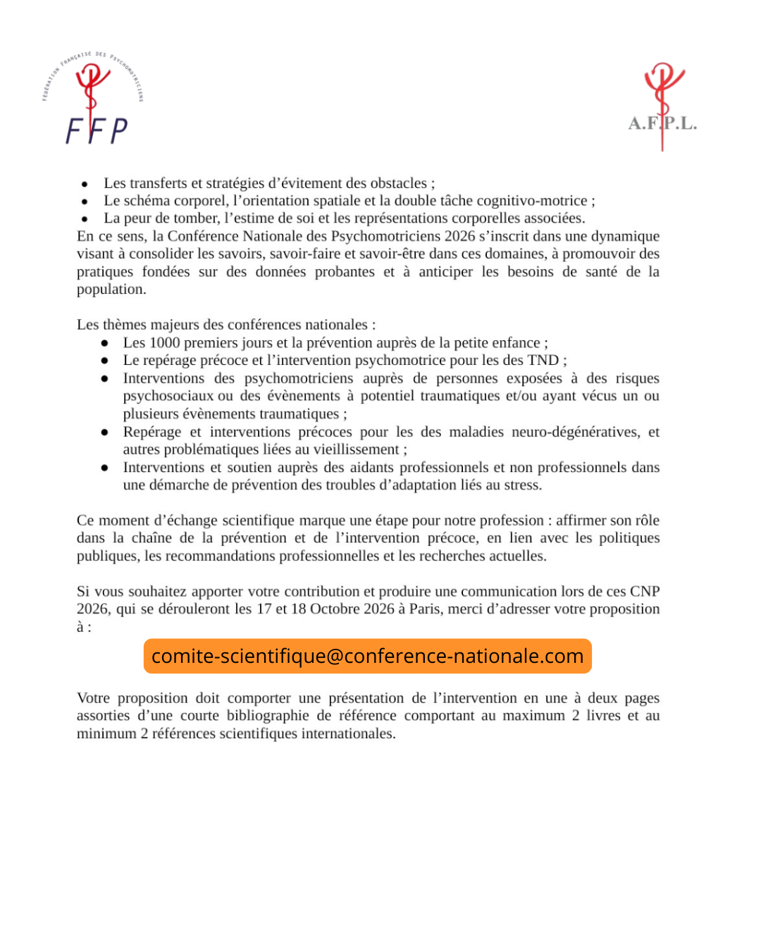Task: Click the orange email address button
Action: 367,656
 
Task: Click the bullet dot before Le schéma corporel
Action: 85,201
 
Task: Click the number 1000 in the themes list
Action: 165,343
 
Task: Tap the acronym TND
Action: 543,361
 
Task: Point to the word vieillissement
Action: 357,449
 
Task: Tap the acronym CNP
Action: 645,592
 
